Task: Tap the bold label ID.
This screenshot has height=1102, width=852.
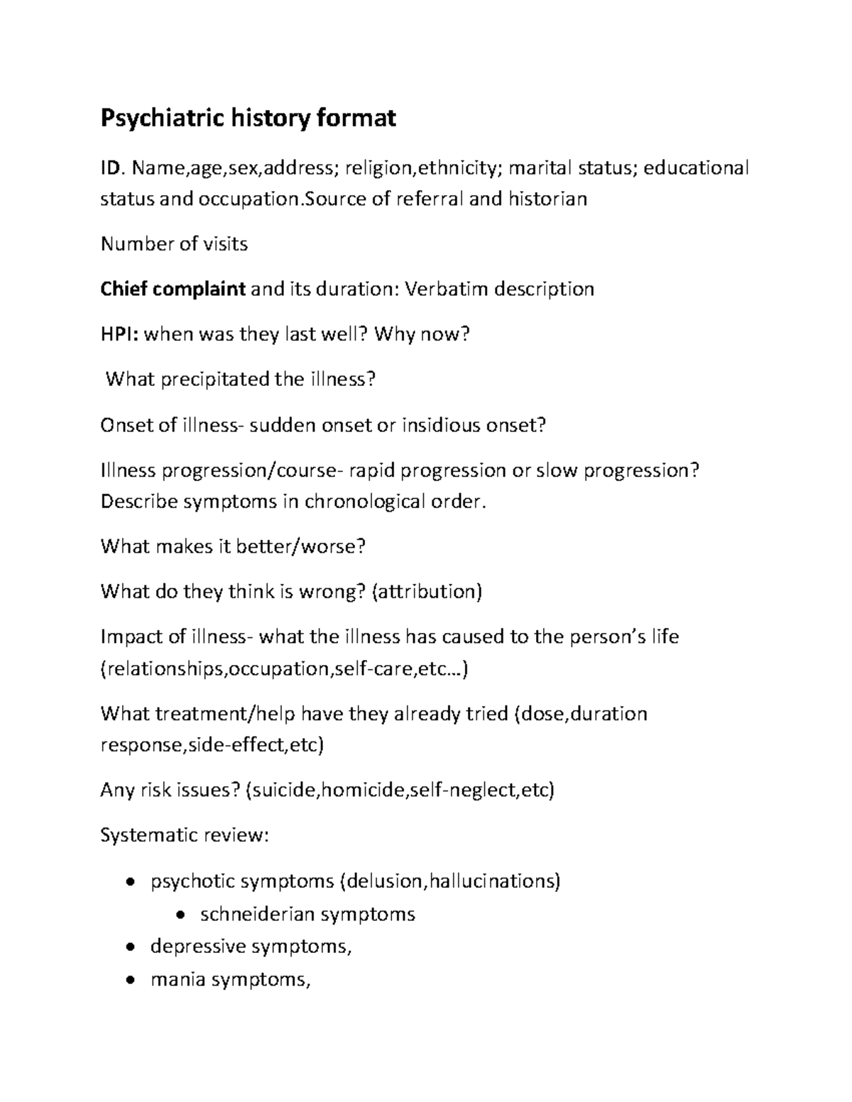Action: (x=112, y=168)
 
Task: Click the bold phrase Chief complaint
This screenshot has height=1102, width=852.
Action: (x=173, y=290)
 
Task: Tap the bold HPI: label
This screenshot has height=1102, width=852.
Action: (x=120, y=334)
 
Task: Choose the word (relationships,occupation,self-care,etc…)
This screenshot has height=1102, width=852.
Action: (x=285, y=668)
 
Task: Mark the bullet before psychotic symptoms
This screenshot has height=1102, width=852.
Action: (x=129, y=882)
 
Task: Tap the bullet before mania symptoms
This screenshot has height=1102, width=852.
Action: (x=129, y=981)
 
